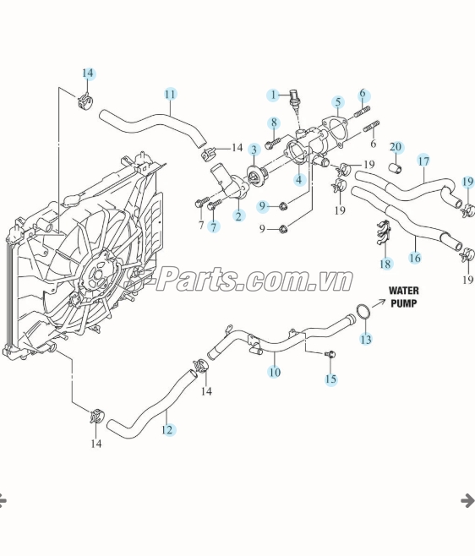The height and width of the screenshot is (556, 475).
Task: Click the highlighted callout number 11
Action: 170,95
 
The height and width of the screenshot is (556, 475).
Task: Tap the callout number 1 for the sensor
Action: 273,95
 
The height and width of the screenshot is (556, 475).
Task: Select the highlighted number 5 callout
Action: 338,102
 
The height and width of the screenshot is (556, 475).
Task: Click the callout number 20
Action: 396,147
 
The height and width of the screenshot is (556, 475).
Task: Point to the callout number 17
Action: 423,161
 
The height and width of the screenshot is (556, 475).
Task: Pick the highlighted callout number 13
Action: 366,339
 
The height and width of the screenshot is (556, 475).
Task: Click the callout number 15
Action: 330,379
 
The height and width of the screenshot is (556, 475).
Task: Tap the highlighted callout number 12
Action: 167,430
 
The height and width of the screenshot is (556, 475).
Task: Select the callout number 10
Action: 275,372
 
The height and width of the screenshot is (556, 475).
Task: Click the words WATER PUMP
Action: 404,297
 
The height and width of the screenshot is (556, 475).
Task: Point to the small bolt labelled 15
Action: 331,354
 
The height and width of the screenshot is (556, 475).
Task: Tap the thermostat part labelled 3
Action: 255,177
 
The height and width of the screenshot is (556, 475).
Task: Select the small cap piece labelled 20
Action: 396,168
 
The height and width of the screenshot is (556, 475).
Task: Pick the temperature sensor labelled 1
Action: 294,101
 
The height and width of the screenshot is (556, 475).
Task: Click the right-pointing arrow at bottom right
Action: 467,501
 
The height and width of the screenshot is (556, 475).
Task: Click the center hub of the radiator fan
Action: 99,272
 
